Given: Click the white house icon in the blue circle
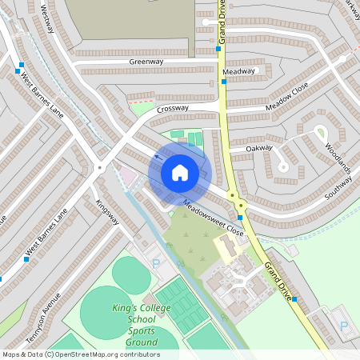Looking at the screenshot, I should click(x=180, y=172).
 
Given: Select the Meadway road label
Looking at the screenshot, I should click(x=239, y=71).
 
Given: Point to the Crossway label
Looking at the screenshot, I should click(x=173, y=108).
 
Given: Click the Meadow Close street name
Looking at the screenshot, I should click(x=287, y=101).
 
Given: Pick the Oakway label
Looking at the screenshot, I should click(x=259, y=148).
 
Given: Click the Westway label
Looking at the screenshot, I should click(x=47, y=19).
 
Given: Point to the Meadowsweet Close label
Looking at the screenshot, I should click(x=213, y=217).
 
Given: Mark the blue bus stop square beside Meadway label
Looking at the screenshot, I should click(x=222, y=81).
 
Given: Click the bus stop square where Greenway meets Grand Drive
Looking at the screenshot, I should click(x=218, y=50).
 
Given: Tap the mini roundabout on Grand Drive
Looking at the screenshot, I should click(x=233, y=195).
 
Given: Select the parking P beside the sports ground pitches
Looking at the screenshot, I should click(x=156, y=262).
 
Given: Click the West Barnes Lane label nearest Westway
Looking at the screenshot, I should click(x=42, y=94).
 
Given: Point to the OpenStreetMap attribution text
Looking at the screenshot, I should click(x=80, y=354).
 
